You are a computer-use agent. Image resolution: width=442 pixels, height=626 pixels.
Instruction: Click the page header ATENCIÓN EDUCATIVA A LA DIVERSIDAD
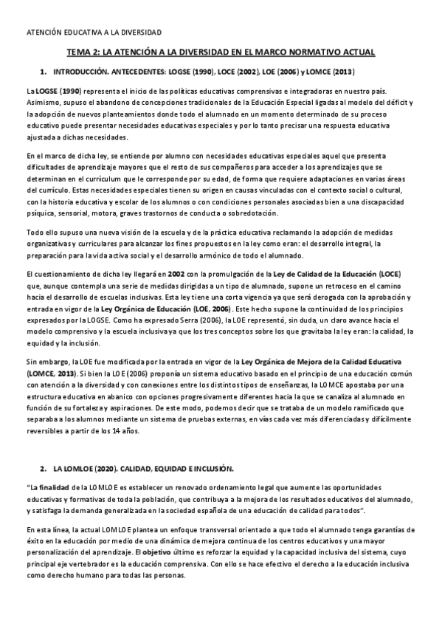click(94, 32)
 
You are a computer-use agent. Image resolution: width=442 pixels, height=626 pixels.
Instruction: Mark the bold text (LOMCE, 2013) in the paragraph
click(51, 373)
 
